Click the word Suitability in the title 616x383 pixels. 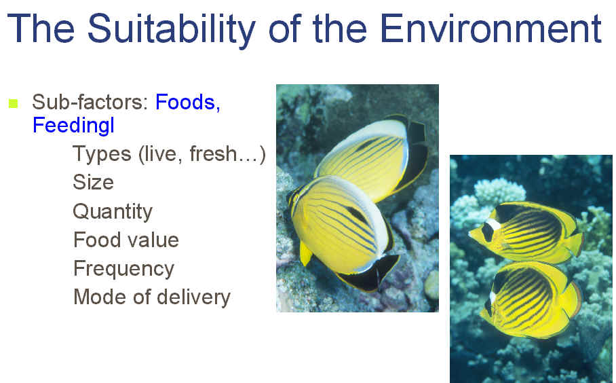click(171, 29)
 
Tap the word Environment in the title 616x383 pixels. click(491, 28)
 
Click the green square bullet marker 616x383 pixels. click(14, 103)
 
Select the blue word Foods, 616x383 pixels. click(188, 103)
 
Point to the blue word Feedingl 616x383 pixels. click(73, 126)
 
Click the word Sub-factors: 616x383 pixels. click(90, 103)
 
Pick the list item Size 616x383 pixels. click(93, 182)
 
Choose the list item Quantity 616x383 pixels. click(113, 212)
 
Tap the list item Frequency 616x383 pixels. click(123, 269)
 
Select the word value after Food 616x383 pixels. click(155, 240)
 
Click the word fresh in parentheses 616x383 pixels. click(213, 153)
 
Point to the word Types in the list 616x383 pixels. click(102, 154)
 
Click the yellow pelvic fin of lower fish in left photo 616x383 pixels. click(305, 253)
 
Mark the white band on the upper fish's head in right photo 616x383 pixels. click(493, 225)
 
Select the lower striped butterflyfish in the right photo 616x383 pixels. click(531, 299)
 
